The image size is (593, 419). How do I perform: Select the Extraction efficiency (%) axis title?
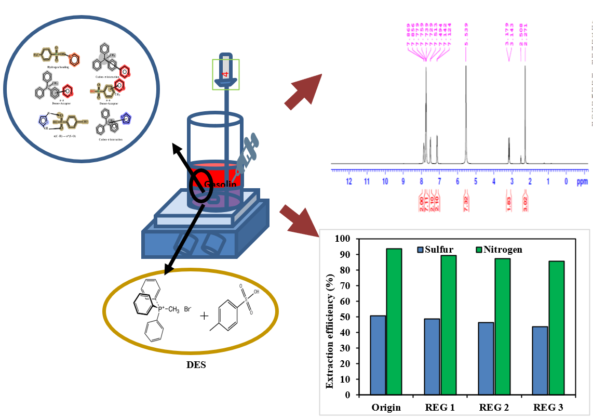[x=330, y=317]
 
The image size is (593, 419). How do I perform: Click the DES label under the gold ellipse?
[x=196, y=364]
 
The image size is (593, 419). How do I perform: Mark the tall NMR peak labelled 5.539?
[x=466, y=104]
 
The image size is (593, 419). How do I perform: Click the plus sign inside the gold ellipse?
[x=204, y=316]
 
